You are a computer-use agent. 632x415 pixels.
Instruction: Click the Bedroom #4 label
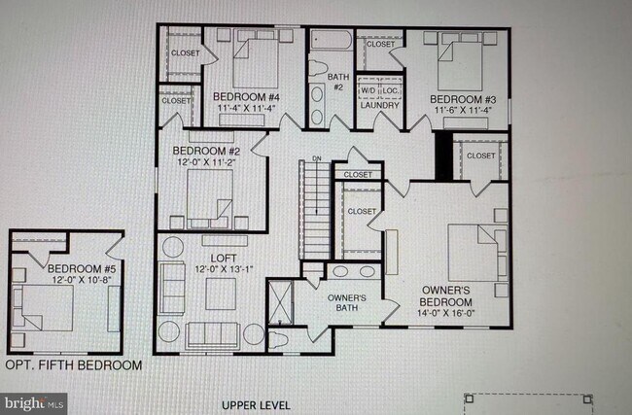click(246, 98)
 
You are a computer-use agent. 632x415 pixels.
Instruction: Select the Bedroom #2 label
click(206, 151)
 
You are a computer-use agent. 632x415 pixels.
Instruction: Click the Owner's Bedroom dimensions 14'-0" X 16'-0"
click(445, 314)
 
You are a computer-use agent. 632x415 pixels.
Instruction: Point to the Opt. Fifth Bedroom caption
click(73, 365)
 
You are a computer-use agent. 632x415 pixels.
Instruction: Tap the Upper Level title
click(255, 403)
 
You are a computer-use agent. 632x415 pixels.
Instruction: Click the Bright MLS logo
click(34, 400)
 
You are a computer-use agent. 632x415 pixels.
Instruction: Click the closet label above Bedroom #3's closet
click(380, 44)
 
